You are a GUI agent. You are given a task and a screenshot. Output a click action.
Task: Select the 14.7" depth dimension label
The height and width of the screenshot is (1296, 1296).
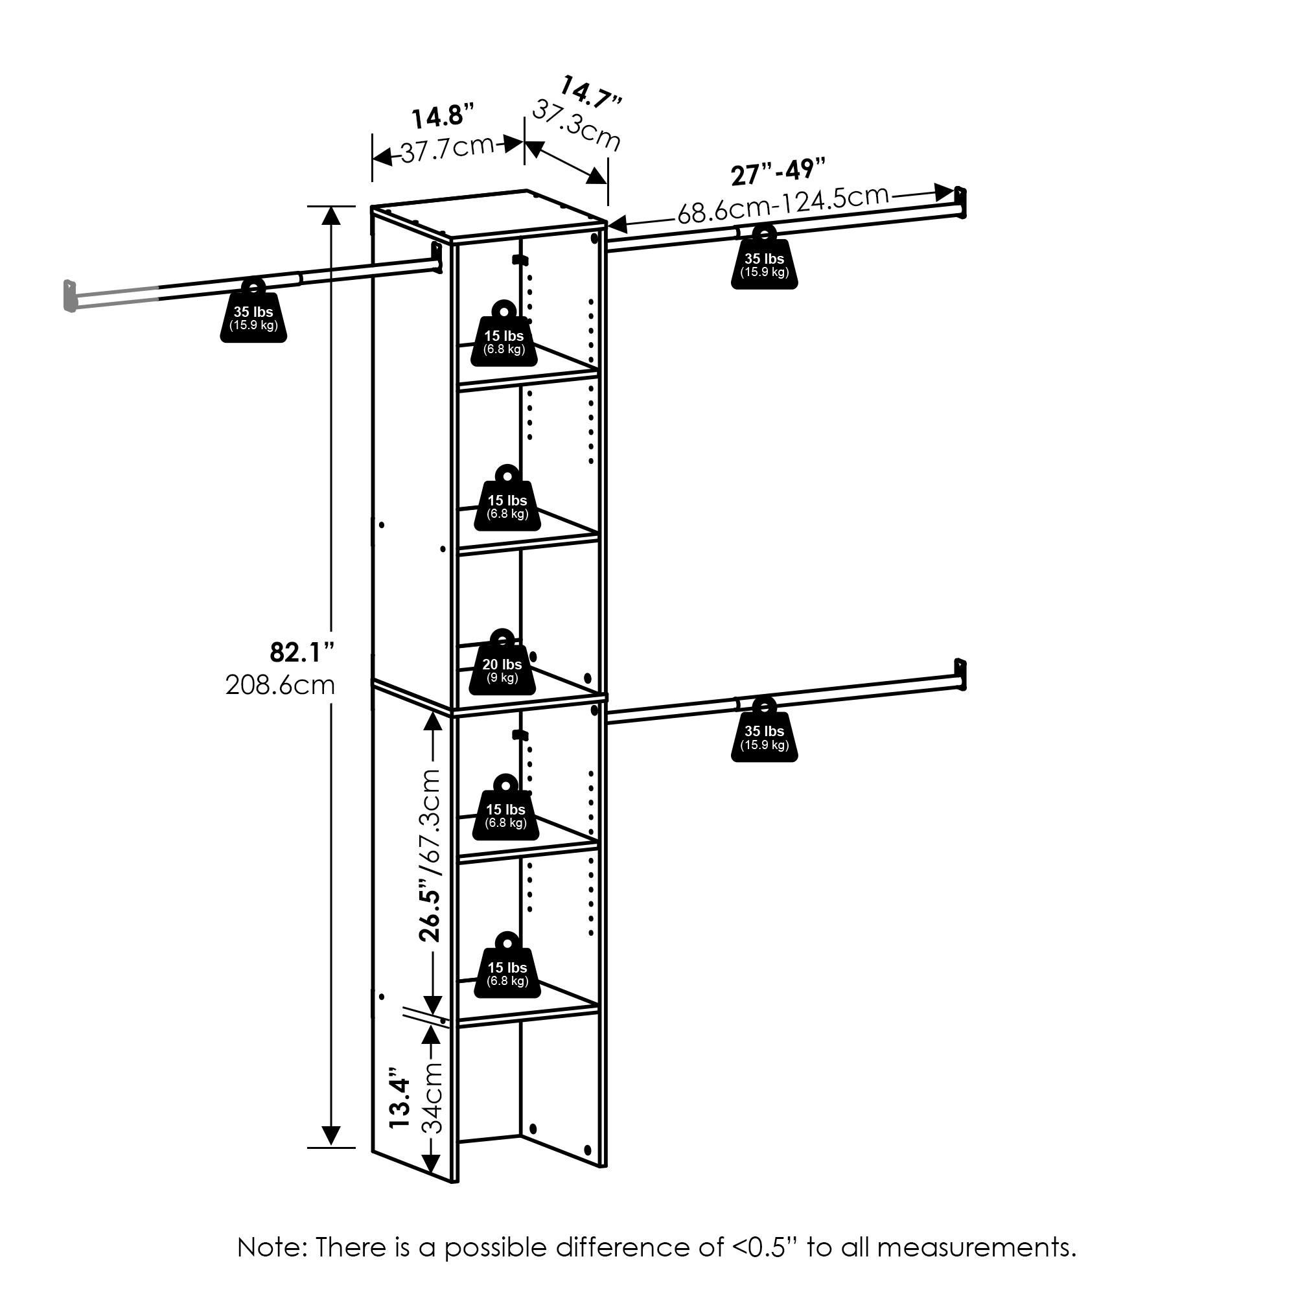590,93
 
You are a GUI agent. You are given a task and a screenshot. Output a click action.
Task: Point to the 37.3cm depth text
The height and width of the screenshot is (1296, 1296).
576,126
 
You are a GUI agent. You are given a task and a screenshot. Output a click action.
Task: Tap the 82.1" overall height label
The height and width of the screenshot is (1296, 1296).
302,651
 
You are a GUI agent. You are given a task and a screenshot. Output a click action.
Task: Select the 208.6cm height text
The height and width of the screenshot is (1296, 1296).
280,685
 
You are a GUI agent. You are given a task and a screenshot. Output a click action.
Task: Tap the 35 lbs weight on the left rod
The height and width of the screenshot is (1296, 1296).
253,310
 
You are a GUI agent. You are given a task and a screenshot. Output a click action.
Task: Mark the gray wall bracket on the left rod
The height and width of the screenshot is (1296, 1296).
69,296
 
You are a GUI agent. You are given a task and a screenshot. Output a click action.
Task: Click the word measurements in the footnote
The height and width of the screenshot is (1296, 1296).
976,1247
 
